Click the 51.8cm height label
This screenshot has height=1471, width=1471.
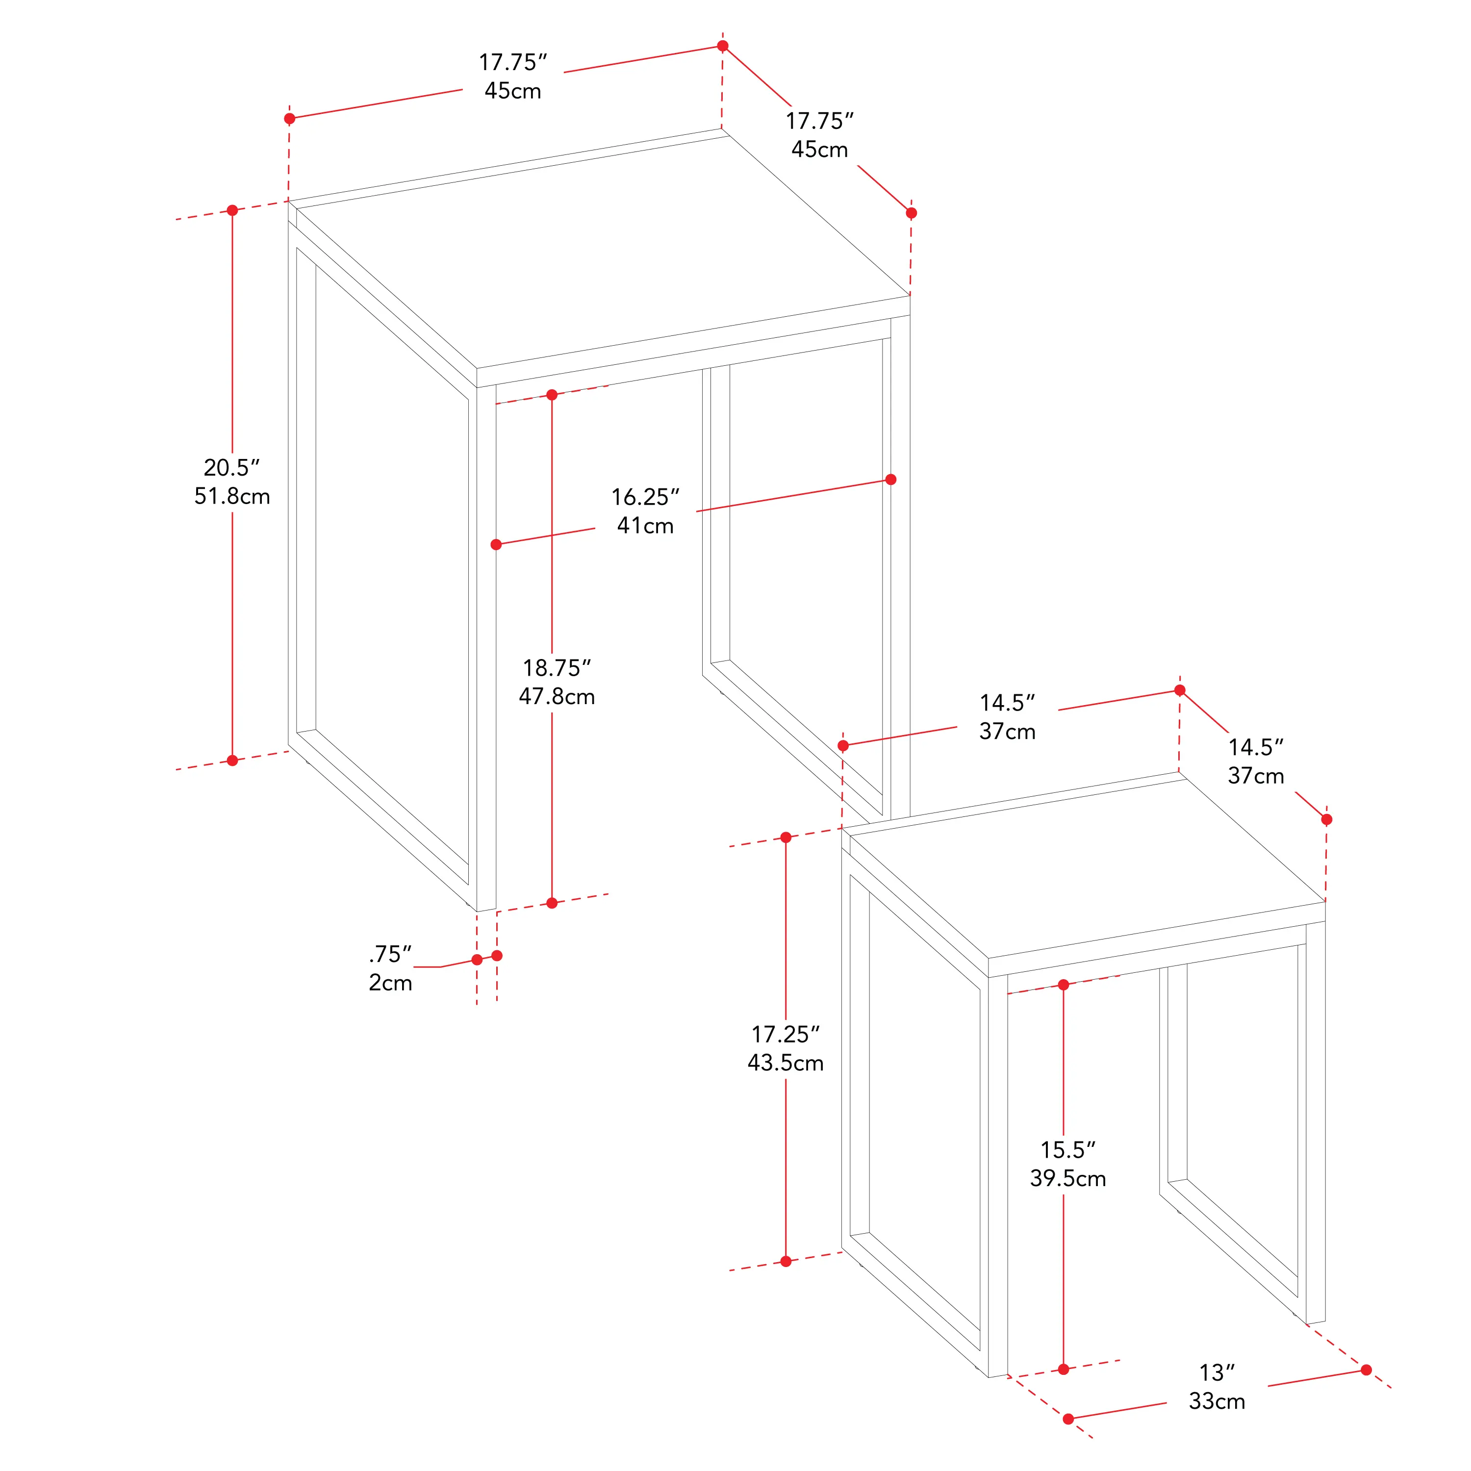[232, 496]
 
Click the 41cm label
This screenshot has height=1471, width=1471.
[645, 525]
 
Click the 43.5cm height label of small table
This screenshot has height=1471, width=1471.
[785, 1063]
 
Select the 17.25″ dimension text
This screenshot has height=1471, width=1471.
[785, 1034]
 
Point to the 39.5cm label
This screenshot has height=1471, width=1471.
[1067, 1179]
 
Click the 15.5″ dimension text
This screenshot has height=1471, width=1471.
[1067, 1150]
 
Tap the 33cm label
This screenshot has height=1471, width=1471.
[1217, 1401]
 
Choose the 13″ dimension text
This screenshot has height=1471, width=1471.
[1217, 1372]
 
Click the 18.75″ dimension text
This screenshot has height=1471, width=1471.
[557, 668]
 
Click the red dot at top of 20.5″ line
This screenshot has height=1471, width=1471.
[232, 210]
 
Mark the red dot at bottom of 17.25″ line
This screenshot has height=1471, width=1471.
[786, 1262]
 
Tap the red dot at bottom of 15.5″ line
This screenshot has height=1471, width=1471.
[1064, 1370]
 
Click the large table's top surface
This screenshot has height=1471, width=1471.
[602, 251]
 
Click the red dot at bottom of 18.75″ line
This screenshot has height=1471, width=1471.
[552, 903]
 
